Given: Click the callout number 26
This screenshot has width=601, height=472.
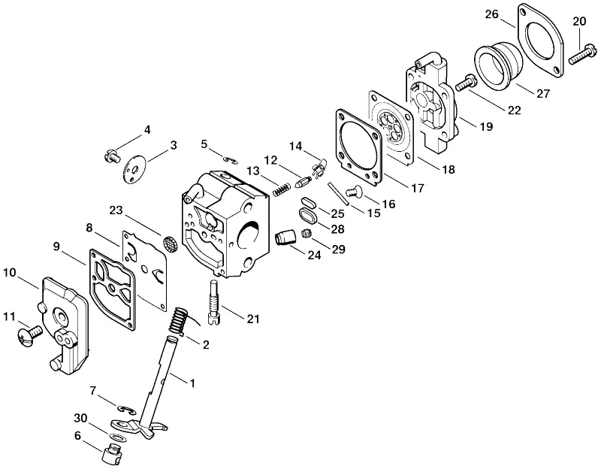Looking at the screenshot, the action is [x=492, y=14].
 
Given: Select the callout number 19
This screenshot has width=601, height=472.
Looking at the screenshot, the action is [x=486, y=126].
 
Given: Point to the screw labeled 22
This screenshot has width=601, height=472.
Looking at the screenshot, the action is [x=465, y=83].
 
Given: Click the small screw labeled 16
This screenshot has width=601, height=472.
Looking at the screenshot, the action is [x=354, y=190].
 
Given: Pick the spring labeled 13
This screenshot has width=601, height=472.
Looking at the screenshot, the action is [x=282, y=189].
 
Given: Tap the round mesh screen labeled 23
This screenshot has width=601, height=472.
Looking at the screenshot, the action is [x=168, y=244].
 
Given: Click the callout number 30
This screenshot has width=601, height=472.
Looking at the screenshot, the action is [x=80, y=418].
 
